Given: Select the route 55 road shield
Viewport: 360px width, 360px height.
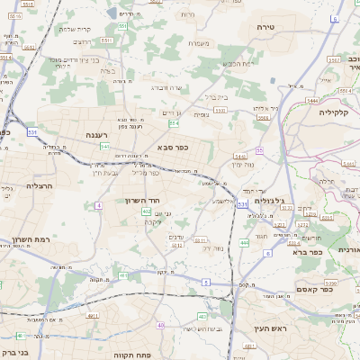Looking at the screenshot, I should click(259, 150).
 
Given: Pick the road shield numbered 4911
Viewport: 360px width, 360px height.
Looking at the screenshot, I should click(93, 316).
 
